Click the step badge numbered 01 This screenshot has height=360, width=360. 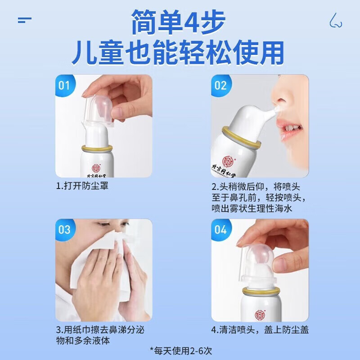point(64,85)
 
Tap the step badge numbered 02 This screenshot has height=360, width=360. point(220,85)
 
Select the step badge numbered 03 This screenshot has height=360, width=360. point(64,229)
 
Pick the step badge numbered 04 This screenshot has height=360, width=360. point(220,229)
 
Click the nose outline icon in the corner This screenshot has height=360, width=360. point(335,20)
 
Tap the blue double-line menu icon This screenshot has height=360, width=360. point(25,20)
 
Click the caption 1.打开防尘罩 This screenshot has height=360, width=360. point(82,186)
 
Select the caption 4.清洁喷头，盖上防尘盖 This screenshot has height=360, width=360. point(260,329)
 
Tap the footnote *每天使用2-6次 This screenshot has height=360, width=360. point(180,349)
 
